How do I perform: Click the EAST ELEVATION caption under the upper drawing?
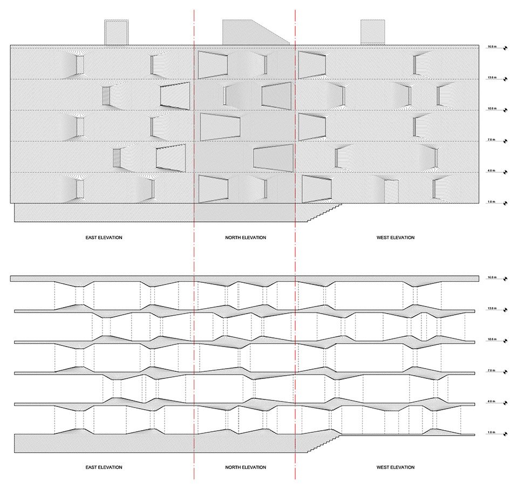pyautogui.click(x=104, y=237)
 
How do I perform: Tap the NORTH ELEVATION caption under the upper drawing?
pyautogui.click(x=246, y=237)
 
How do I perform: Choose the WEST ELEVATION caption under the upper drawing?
pyautogui.click(x=396, y=237)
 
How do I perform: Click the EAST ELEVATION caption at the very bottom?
pyautogui.click(x=104, y=467)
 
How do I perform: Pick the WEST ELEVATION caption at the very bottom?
pyautogui.click(x=396, y=467)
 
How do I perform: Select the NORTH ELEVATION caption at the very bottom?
pyautogui.click(x=246, y=467)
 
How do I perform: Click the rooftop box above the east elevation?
pyautogui.click(x=117, y=32)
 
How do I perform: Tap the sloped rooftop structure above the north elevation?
pyautogui.click(x=251, y=32)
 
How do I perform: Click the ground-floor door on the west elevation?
pyautogui.click(x=391, y=191)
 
